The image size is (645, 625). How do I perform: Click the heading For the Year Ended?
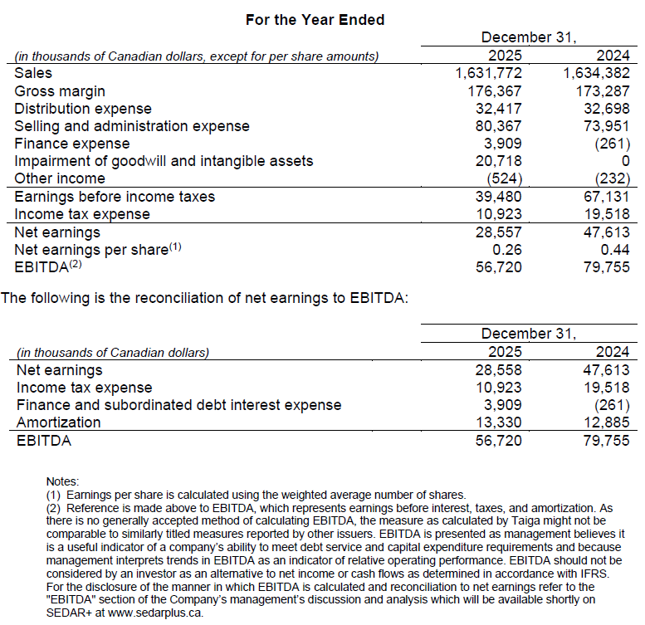pos(315,19)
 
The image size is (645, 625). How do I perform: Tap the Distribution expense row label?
pos(83,109)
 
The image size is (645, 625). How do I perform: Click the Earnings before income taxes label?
pos(115,197)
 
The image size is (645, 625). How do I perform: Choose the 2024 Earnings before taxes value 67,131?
pos(606,197)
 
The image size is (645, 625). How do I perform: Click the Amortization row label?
pos(58,422)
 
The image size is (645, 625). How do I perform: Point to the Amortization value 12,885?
pos(606,422)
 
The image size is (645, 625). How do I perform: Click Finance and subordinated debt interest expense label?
pos(178,405)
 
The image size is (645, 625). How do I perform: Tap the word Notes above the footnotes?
pos(63,481)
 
